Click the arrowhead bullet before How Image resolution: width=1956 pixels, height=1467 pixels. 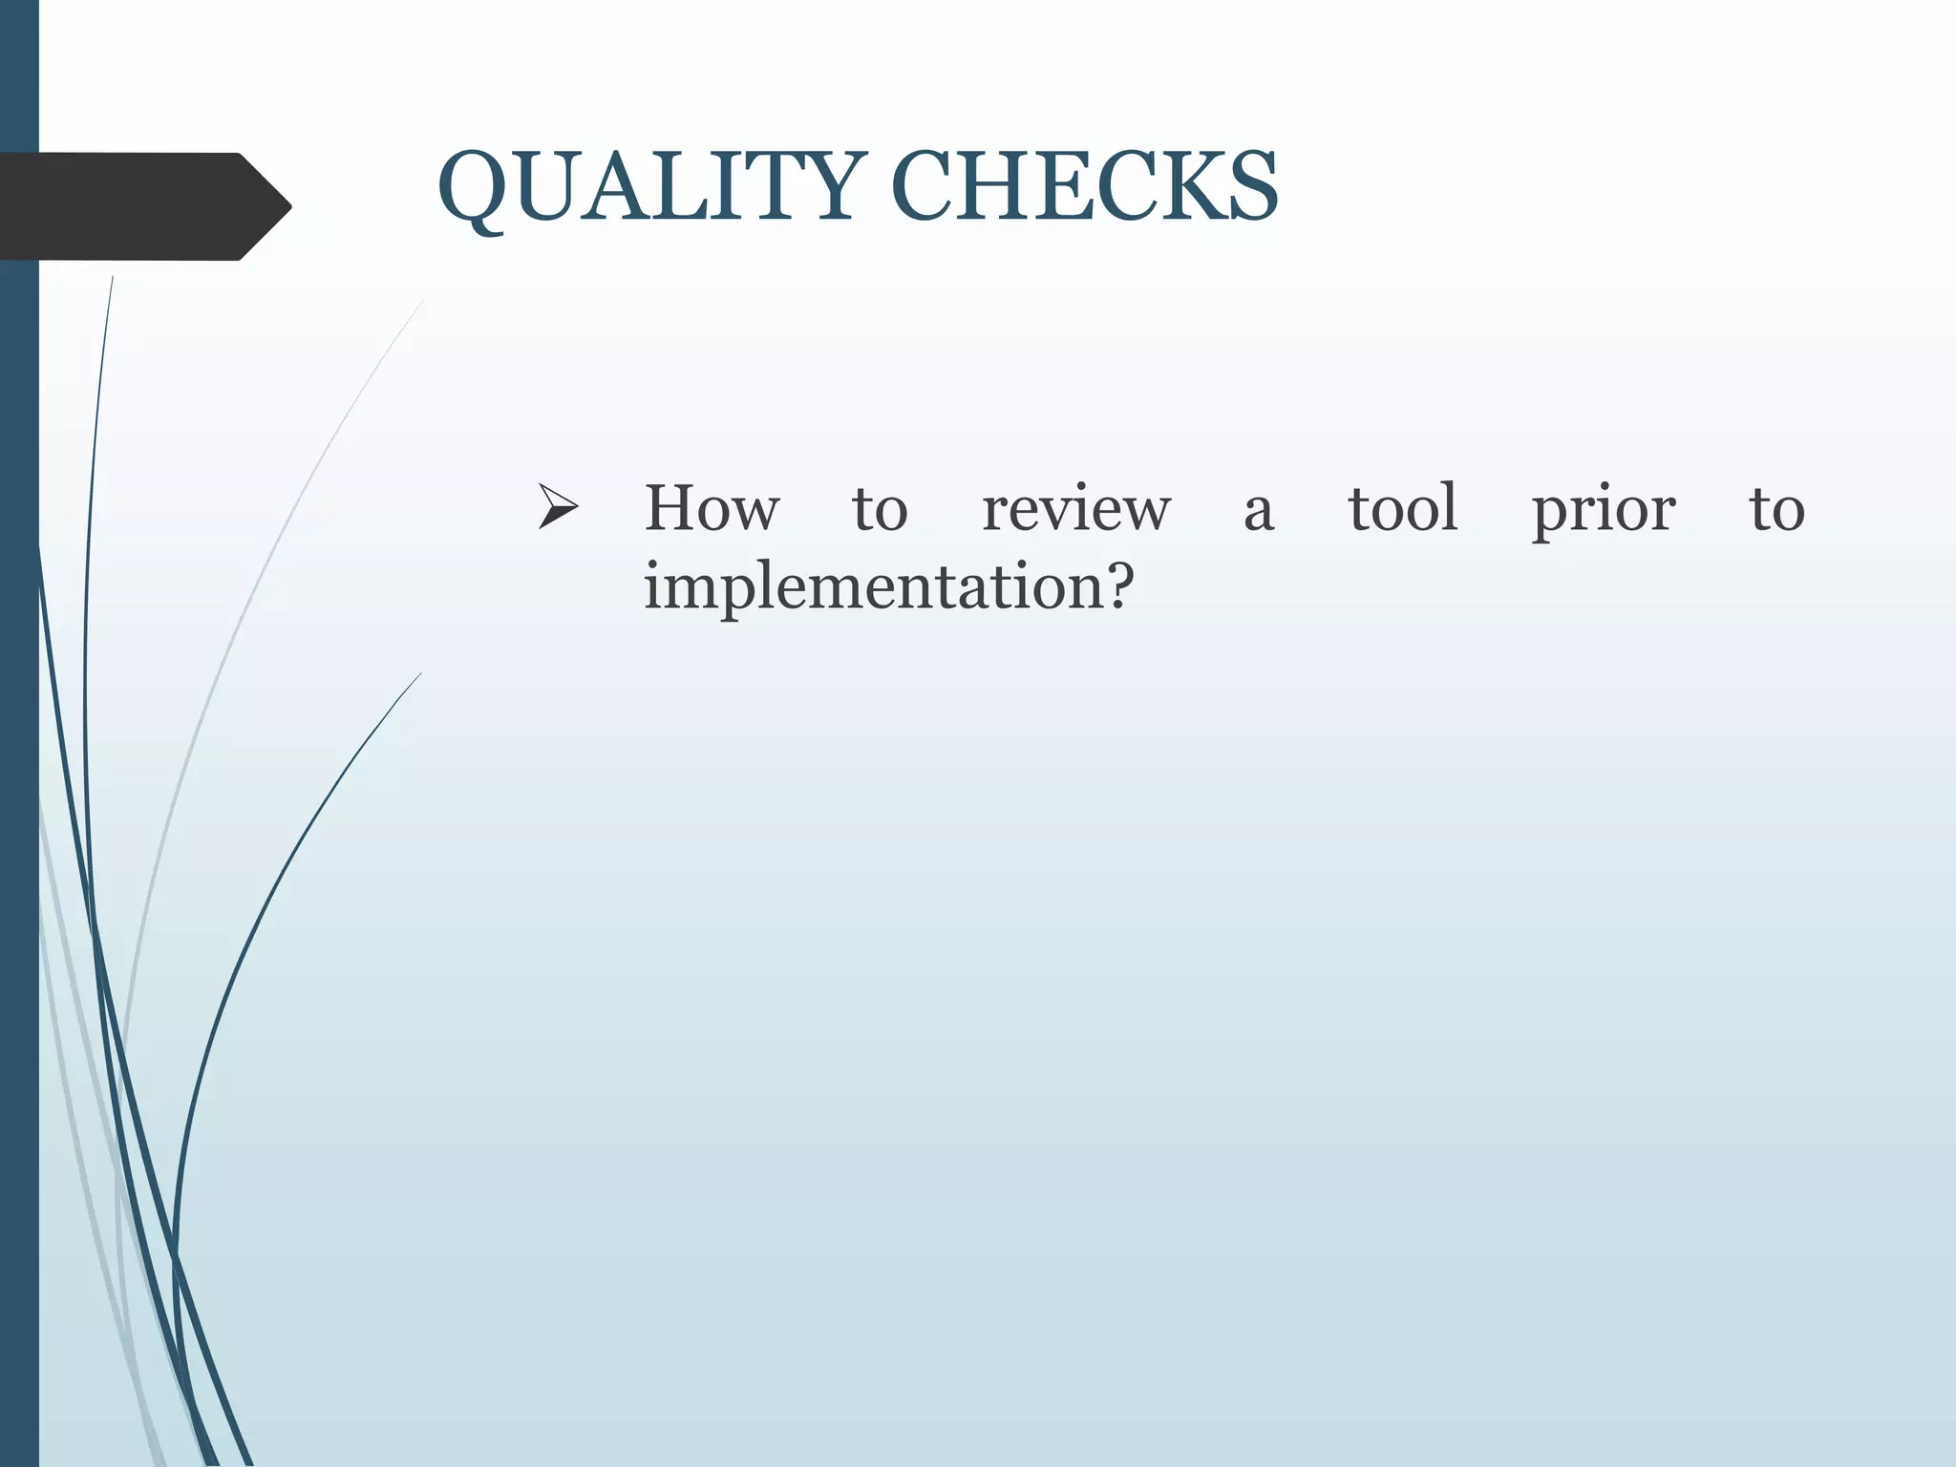(x=558, y=507)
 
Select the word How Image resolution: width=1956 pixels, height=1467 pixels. (x=712, y=508)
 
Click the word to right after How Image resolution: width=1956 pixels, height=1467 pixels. (x=880, y=510)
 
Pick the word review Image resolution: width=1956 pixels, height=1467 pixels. (x=1076, y=510)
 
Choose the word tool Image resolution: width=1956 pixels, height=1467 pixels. (x=1403, y=508)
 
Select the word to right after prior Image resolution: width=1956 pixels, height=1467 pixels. (x=1776, y=510)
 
